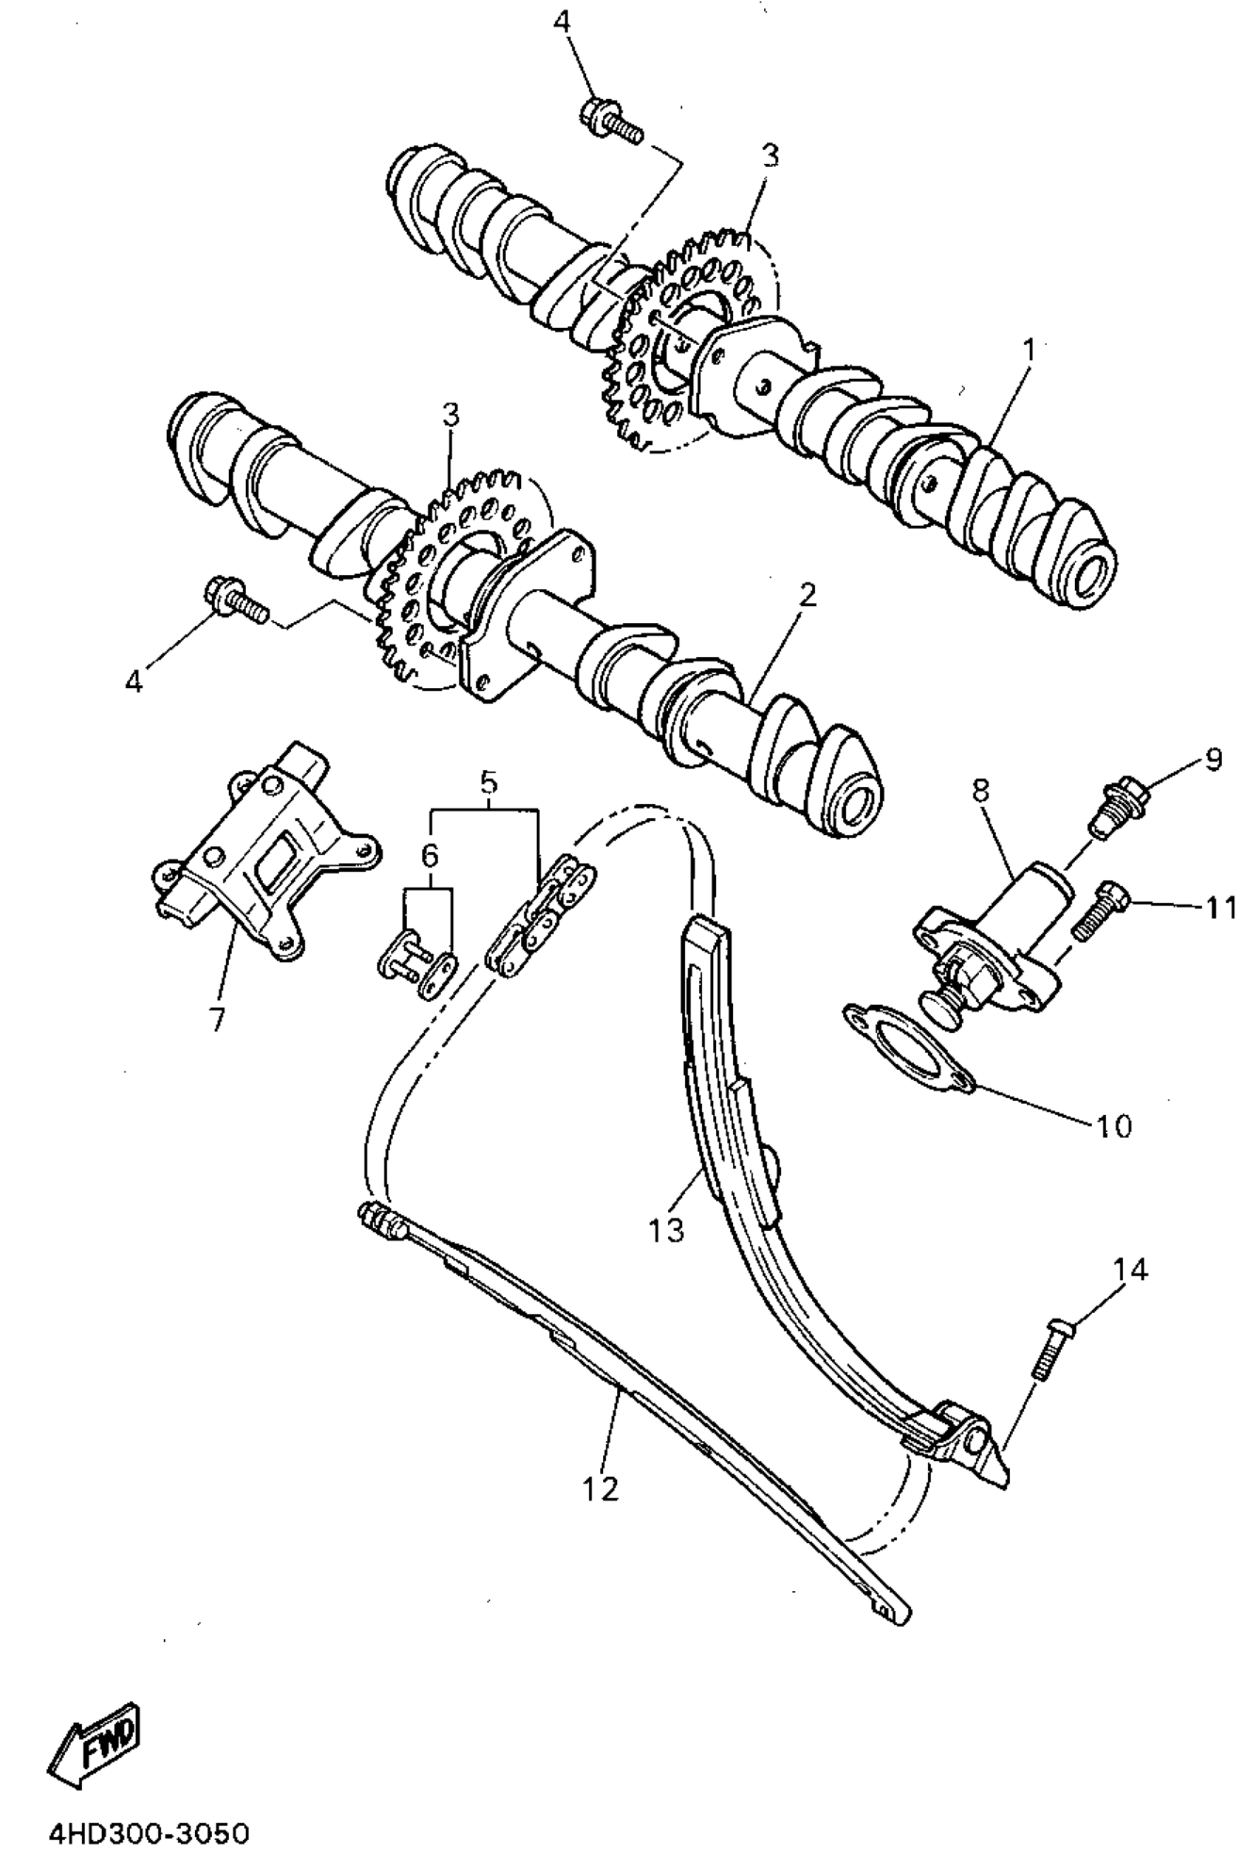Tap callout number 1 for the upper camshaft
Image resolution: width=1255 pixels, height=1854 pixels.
tap(1029, 349)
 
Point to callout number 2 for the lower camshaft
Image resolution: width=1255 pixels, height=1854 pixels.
tap(808, 595)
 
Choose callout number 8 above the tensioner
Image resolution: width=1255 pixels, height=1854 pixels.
tap(980, 791)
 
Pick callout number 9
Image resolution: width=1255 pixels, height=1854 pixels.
tap(1212, 760)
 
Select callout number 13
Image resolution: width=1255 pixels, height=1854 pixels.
tap(666, 1230)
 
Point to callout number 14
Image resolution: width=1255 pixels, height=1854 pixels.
tap(1130, 1269)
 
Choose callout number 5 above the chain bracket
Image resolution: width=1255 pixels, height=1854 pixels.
tap(488, 783)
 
